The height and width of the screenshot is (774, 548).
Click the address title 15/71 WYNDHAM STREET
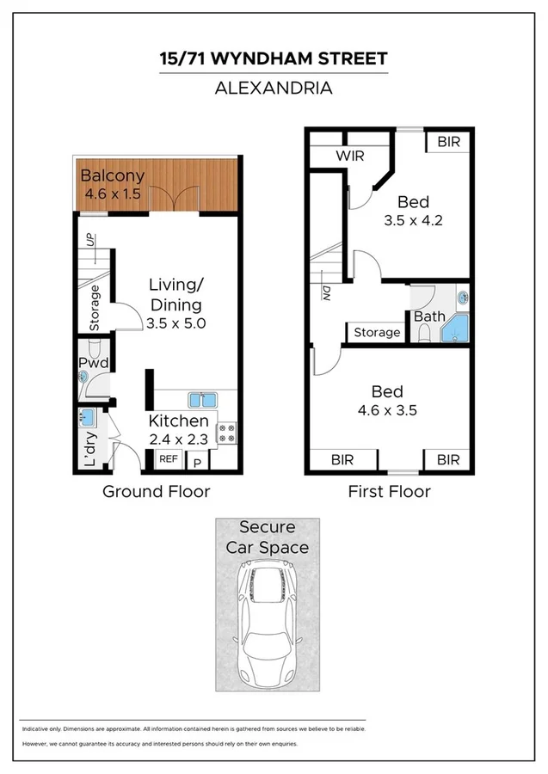coord(274,59)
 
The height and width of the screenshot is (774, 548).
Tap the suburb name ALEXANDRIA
coord(274,88)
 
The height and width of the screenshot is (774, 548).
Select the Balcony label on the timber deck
coord(112,176)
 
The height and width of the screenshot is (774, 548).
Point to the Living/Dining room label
coord(175,294)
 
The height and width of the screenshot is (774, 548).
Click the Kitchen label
coord(179,421)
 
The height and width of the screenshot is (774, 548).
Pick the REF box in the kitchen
coord(168,459)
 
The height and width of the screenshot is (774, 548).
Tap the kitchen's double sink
coord(203,399)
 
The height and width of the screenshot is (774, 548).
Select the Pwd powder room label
coord(93,364)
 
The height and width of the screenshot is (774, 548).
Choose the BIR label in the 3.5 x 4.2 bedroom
coord(448,142)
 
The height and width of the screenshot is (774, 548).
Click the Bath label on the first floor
coord(429,316)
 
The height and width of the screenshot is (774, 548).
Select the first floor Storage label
coord(377,332)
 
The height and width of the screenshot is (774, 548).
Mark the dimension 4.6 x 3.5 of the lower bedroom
coord(388,410)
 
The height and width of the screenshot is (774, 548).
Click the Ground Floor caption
coord(157,492)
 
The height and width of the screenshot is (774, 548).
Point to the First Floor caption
coord(389,492)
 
